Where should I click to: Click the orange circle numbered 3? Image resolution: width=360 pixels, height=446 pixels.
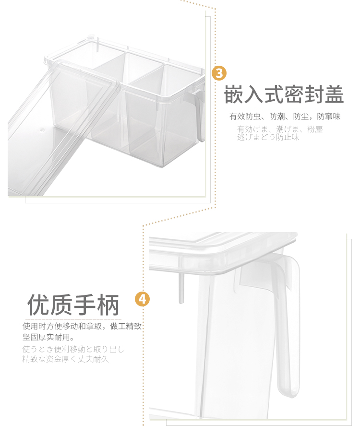219,73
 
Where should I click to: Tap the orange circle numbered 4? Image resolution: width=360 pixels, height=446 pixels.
142,299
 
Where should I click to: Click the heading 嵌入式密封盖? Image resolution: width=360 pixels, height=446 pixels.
284,94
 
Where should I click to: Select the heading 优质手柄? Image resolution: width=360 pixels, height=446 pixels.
73,305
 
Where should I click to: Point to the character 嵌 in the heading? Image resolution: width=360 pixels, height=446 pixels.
234,94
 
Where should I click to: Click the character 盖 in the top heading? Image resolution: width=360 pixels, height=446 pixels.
334,94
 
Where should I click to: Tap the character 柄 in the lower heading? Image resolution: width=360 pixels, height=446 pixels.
108,305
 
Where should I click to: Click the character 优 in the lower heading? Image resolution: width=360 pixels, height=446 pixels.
38,305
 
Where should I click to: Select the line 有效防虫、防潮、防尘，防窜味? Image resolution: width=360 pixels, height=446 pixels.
285,117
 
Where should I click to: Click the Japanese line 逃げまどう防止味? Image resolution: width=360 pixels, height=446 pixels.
268,137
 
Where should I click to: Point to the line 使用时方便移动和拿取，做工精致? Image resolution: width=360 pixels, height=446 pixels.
82,326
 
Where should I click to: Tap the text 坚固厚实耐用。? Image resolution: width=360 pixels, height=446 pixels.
48,337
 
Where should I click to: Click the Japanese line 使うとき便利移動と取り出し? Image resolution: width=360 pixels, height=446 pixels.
73,349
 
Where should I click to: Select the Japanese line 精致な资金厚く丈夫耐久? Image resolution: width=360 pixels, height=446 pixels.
65,359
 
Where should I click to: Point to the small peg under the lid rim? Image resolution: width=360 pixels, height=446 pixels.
181,287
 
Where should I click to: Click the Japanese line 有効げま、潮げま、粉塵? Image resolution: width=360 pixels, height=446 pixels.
280,129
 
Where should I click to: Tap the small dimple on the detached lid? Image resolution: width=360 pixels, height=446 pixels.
42,130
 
